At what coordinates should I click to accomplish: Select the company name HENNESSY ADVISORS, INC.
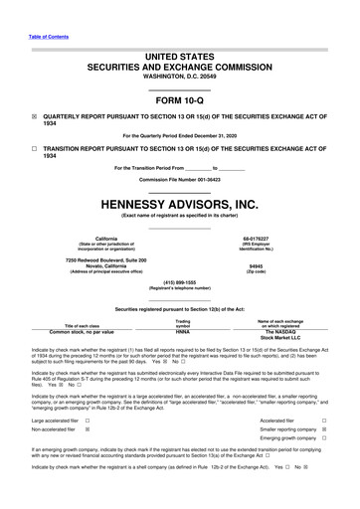179,203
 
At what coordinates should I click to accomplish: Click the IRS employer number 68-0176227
255,238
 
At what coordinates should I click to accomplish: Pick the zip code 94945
255,265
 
